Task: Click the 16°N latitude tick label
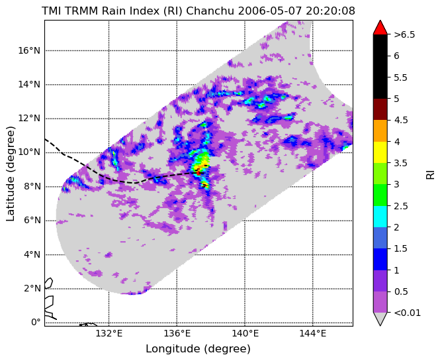coord(29,51)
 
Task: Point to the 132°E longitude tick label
coord(109,334)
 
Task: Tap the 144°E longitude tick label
coord(313,334)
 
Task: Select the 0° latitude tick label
coord(36,323)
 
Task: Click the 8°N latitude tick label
coord(32,187)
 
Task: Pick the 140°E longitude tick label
coord(245,334)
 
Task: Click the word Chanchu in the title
coord(210,11)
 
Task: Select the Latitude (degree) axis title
coord(10,174)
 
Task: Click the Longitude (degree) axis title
coord(198,349)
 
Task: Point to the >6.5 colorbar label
coord(404,34)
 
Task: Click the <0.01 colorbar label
coord(408,313)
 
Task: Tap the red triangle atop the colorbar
coord(380,28)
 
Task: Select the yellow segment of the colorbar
coord(380,152)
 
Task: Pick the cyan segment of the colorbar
coord(380,217)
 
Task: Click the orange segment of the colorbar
coord(380,130)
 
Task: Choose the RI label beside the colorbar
coord(431,174)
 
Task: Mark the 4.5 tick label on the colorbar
coord(401,121)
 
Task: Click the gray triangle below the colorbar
coord(380,318)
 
